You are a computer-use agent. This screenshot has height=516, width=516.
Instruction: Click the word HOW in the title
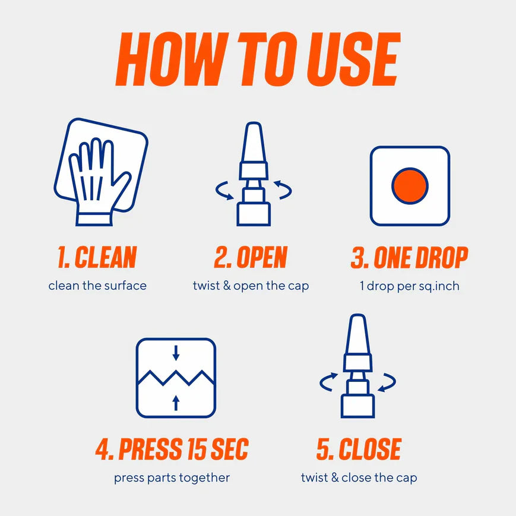(x=172, y=59)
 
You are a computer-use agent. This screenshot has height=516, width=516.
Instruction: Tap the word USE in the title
(x=354, y=59)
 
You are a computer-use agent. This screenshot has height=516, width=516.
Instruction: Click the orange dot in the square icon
(x=410, y=186)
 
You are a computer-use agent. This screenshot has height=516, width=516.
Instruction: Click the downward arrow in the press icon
(x=176, y=353)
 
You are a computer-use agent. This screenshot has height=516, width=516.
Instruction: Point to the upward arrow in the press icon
(x=176, y=403)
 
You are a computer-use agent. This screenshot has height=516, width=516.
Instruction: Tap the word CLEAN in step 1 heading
(x=106, y=257)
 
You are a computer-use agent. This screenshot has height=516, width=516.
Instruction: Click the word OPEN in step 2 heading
(x=262, y=257)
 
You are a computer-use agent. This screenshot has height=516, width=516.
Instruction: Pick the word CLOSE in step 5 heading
(x=370, y=449)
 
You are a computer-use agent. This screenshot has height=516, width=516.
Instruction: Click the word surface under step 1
(x=126, y=286)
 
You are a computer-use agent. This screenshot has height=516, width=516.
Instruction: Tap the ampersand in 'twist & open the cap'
(x=227, y=286)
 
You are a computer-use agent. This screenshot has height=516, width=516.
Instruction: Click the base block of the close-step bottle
(x=357, y=406)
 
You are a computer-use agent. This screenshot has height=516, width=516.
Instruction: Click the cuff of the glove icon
(x=94, y=220)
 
